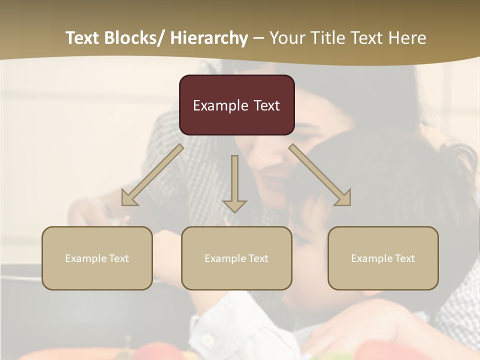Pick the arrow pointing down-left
pos(152,175)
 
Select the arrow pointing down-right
pos(320,175)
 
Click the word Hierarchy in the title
pos(208,38)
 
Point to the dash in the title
pos(258,38)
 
